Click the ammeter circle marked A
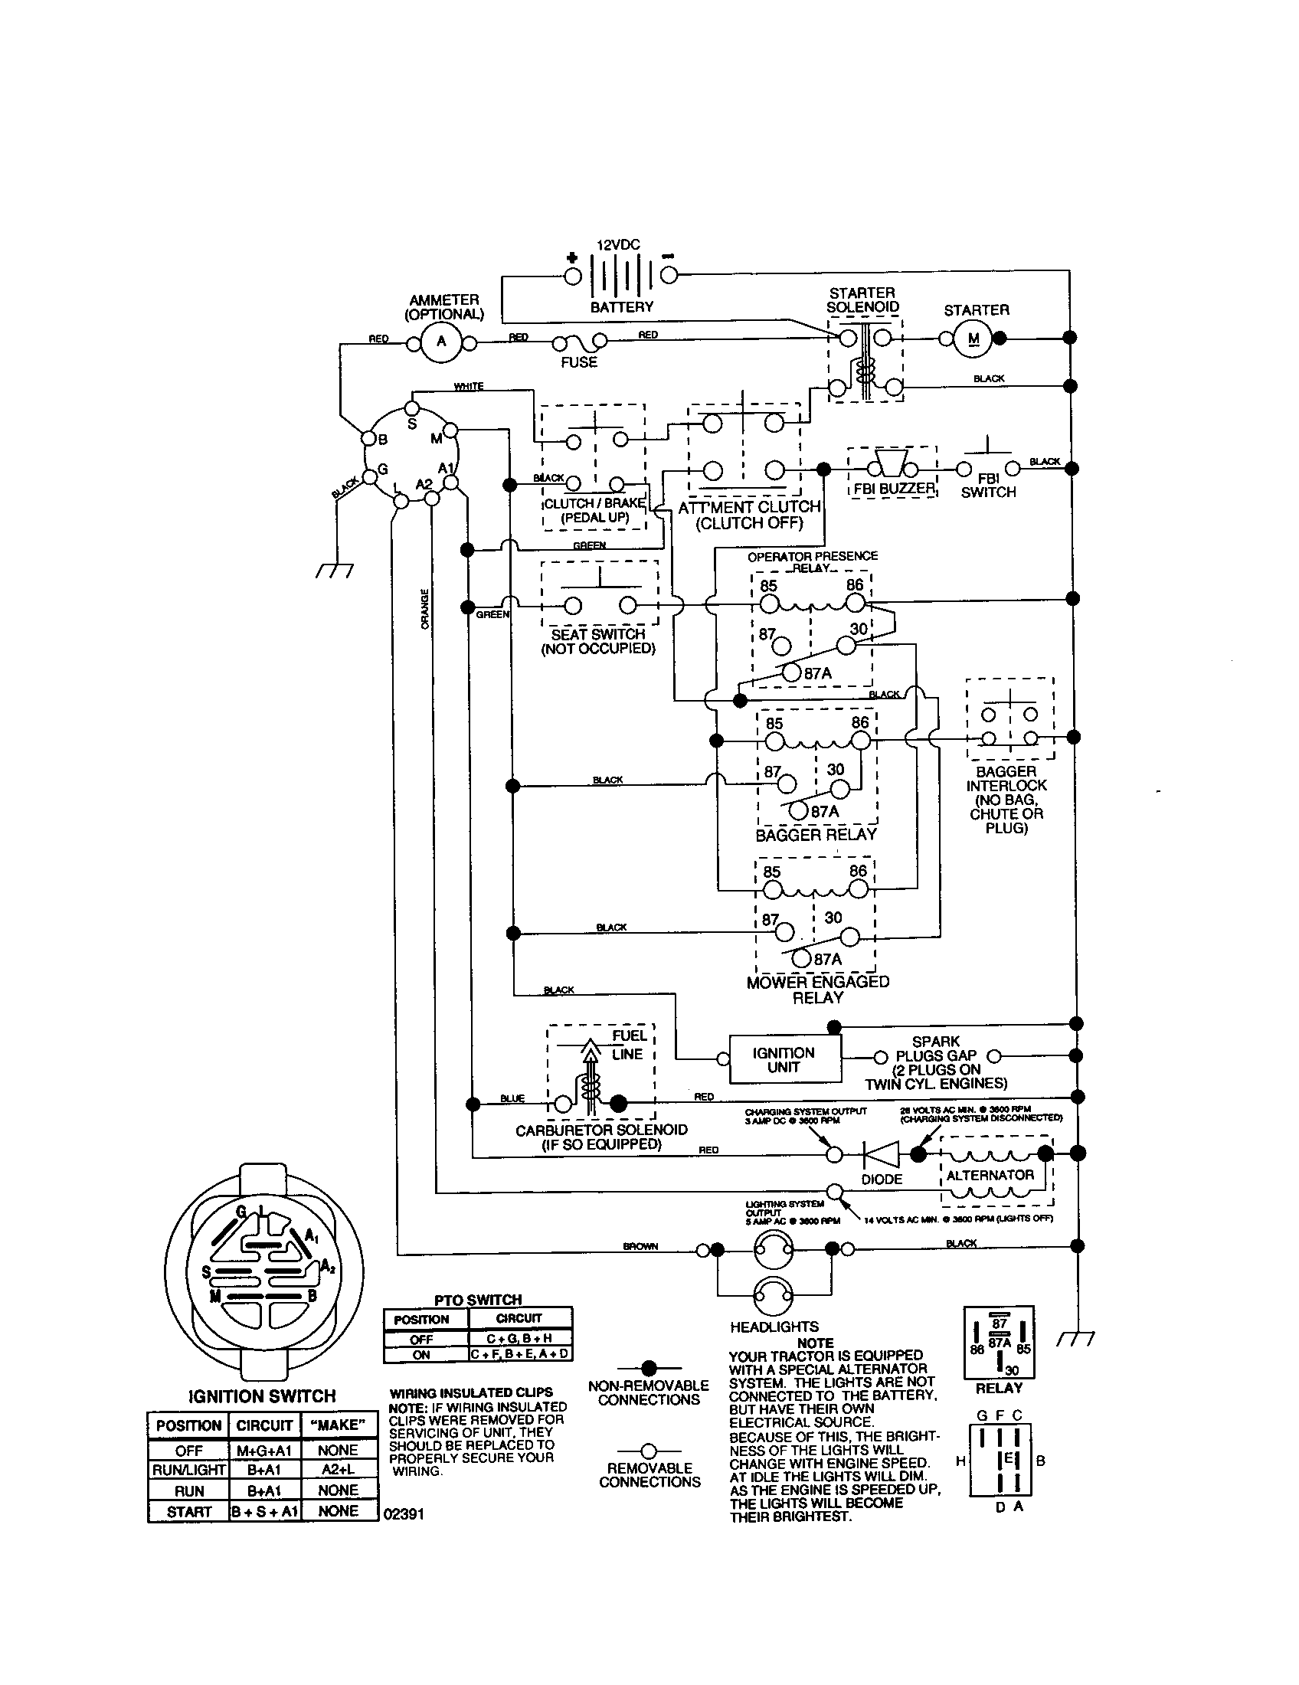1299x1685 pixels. pos(441,341)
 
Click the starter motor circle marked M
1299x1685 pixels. pos(973,339)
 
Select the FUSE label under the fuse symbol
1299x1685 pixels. pos(578,362)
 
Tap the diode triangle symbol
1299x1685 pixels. pos(882,1154)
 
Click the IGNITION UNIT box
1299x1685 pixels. pos(784,1059)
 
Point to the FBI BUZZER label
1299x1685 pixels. pos(893,489)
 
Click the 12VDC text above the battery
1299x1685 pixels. pos(618,244)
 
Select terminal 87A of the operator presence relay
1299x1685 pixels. pos(792,672)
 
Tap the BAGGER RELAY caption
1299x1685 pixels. pos(816,835)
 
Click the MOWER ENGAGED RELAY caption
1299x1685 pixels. pos(818,990)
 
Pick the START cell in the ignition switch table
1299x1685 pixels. pos(188,1511)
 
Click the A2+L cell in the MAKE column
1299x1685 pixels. pos(338,1470)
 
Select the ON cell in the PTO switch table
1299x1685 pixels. pos(421,1355)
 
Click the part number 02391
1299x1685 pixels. pos(404,1513)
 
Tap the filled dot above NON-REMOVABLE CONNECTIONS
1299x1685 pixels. pos(649,1367)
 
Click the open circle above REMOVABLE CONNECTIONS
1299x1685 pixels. pos(649,1451)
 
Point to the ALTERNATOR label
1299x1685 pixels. pos(990,1175)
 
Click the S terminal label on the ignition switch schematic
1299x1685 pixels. pos(412,424)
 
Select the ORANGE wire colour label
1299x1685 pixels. pos(424,609)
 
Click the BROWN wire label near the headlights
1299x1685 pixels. pos(640,1246)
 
